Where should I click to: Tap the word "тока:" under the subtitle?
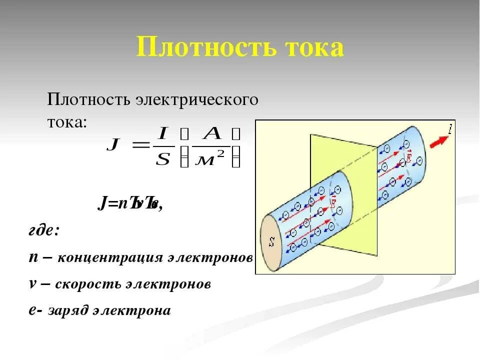66,122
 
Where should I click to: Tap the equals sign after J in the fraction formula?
139,146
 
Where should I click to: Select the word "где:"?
44,232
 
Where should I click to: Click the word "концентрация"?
110,258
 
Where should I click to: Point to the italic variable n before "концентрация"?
33,257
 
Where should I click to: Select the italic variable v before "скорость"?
32,284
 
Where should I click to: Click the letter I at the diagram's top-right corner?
450,130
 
